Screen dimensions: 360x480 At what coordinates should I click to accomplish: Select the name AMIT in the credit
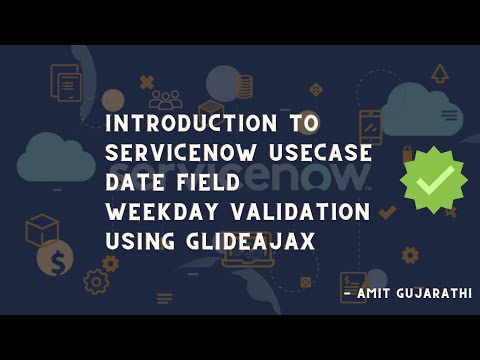pyautogui.click(x=376, y=295)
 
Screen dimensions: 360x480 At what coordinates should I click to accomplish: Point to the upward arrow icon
pyautogui.click(x=439, y=72)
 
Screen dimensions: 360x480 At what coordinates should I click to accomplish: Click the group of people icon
pyautogui.click(x=164, y=99)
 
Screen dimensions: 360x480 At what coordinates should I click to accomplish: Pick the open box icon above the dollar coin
pyautogui.click(x=42, y=229)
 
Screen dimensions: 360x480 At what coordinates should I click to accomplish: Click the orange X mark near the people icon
pyautogui.click(x=147, y=82)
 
